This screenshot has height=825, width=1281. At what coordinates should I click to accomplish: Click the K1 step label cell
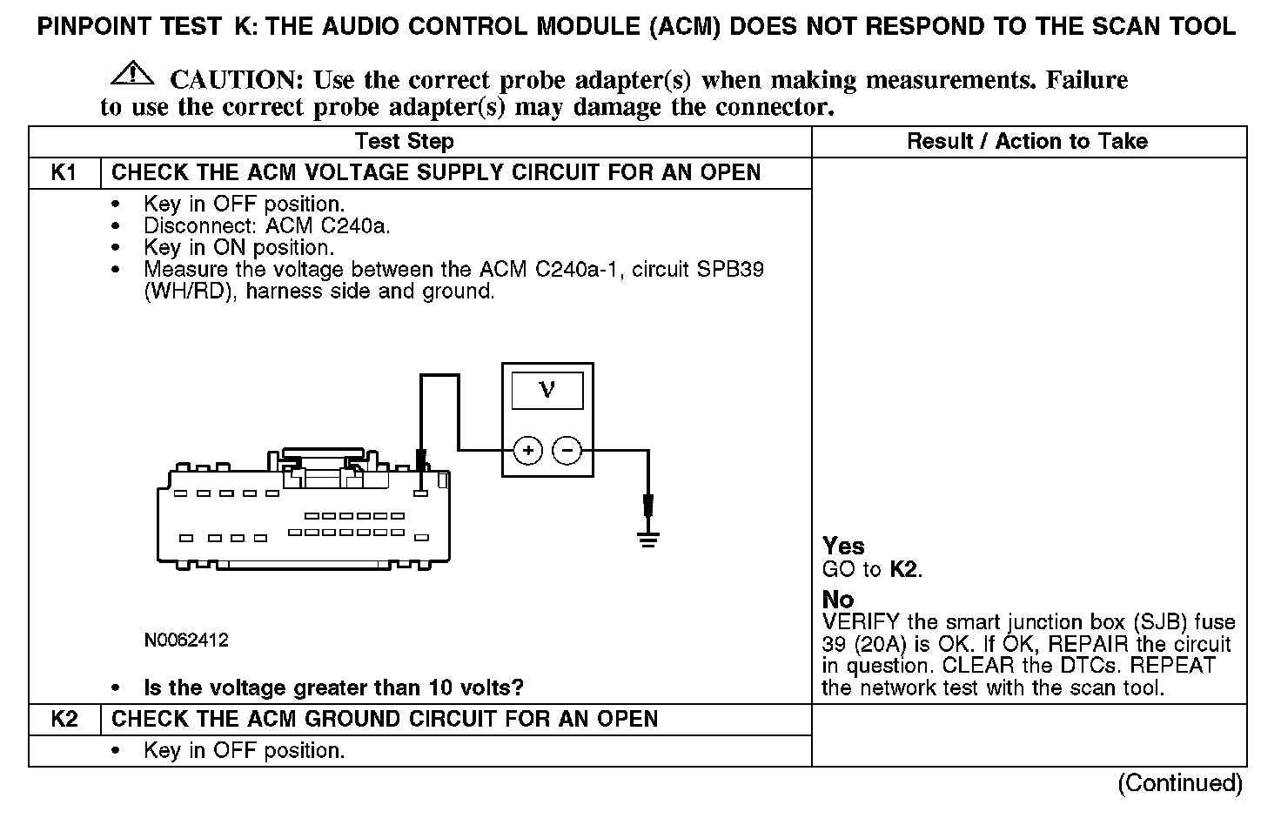coord(64,172)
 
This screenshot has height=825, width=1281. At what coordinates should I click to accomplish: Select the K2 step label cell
coord(64,719)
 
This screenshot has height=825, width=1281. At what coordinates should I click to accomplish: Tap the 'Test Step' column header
coord(404,141)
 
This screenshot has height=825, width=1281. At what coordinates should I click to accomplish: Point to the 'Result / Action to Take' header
coord(1027,141)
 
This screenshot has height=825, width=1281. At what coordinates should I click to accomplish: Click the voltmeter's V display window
coord(547,389)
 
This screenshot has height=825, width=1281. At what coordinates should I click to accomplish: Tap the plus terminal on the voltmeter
coord(528,450)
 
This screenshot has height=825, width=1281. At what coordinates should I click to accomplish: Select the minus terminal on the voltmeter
coord(567,450)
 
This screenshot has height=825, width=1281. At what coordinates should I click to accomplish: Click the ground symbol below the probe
coord(647,540)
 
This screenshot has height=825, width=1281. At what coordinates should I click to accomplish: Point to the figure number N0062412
coord(186,641)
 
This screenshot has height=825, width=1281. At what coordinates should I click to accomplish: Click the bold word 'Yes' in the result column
coord(843,547)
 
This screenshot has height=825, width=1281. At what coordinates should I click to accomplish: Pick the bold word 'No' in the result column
coord(838,600)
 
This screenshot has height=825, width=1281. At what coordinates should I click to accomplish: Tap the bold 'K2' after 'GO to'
coord(904,570)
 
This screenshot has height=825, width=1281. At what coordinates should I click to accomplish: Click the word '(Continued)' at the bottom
coord(1180,783)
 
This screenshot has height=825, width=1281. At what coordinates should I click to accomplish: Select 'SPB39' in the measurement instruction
coord(730,269)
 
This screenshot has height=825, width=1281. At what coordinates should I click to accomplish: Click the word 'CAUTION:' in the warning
coord(236,80)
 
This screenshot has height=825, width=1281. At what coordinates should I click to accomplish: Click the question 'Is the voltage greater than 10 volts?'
coord(333,687)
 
